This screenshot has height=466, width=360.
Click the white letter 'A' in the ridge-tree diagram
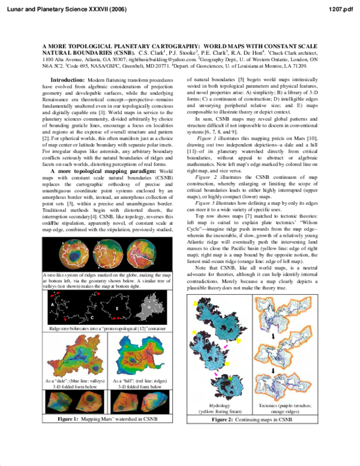[x=54, y=304]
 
